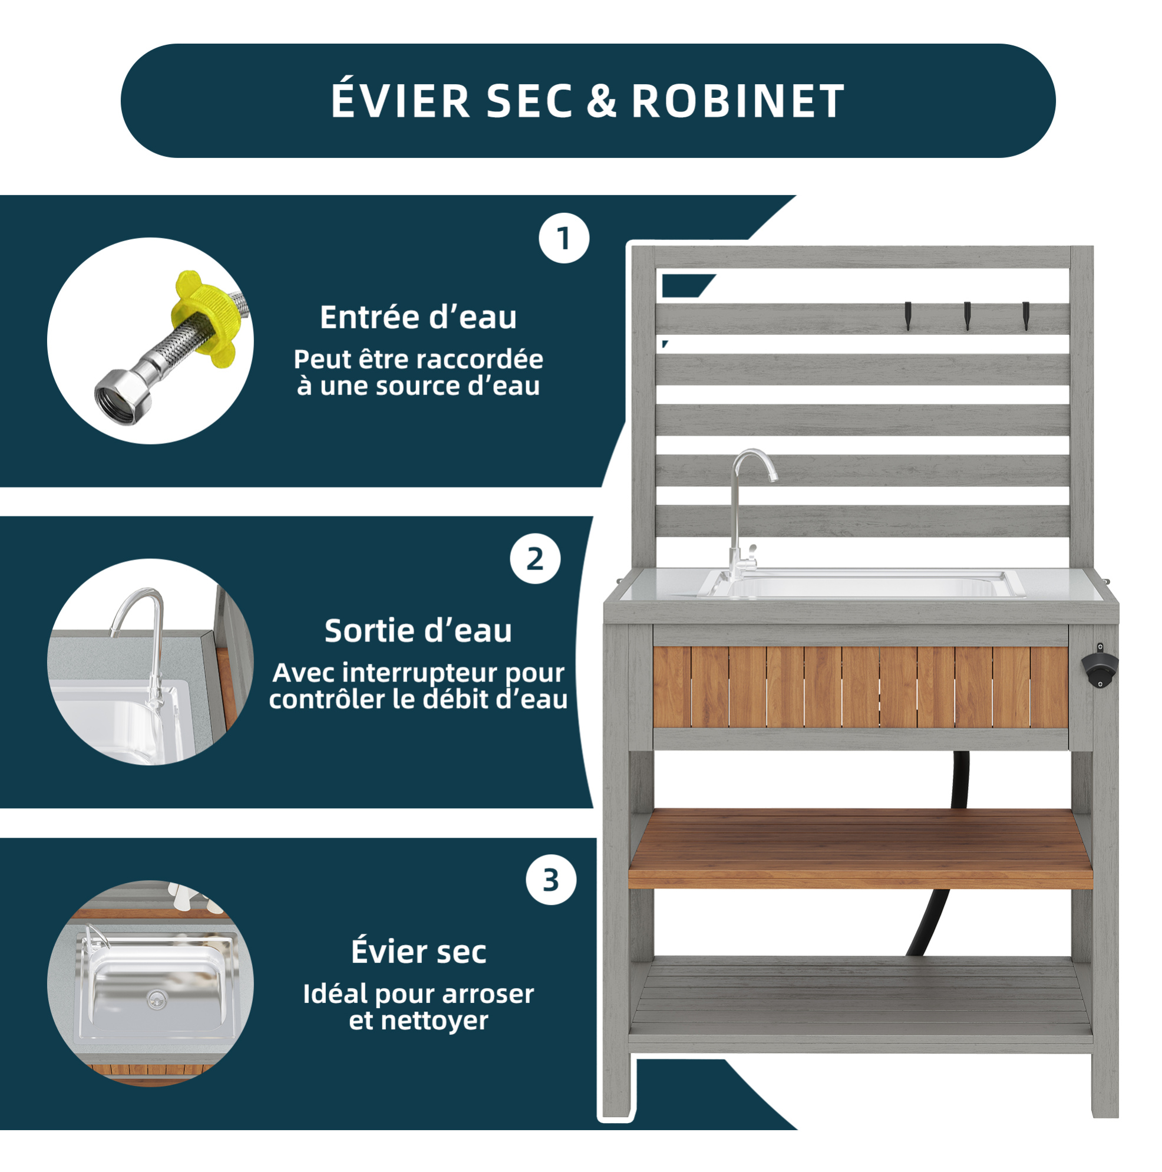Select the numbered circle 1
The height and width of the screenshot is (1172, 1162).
point(564,238)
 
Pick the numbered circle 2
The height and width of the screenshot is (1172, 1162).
point(535,559)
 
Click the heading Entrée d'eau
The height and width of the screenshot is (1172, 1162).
point(418,317)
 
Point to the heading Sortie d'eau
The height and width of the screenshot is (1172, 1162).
point(418,631)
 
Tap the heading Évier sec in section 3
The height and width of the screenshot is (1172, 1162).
point(418,952)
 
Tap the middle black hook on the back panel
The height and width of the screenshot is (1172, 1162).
point(968,315)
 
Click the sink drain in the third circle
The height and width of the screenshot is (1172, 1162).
point(157,1000)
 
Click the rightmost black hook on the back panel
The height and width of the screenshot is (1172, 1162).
point(1026,315)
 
